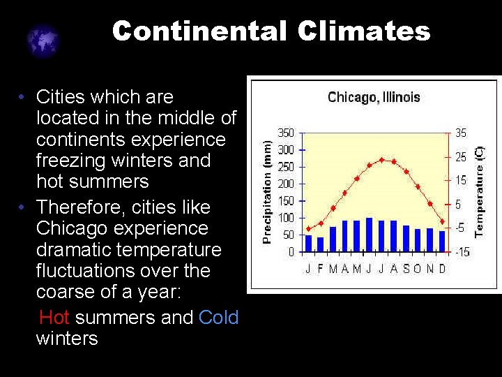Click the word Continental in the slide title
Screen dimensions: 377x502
click(199, 31)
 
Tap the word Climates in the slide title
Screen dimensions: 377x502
click(364, 31)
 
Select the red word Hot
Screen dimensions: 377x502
click(54, 318)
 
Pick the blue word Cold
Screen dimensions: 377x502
click(218, 318)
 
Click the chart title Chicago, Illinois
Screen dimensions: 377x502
click(374, 97)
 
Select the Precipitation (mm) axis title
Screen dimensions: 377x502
click(267, 189)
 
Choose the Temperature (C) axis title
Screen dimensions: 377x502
click(479, 190)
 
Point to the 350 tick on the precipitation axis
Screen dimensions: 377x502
click(286, 133)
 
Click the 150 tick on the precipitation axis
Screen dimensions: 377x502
click(286, 201)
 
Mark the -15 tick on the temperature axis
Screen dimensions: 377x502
click(462, 252)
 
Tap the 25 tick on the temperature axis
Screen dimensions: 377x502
click(462, 157)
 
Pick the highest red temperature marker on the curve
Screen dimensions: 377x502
click(381, 160)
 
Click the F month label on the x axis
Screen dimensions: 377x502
click(321, 269)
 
